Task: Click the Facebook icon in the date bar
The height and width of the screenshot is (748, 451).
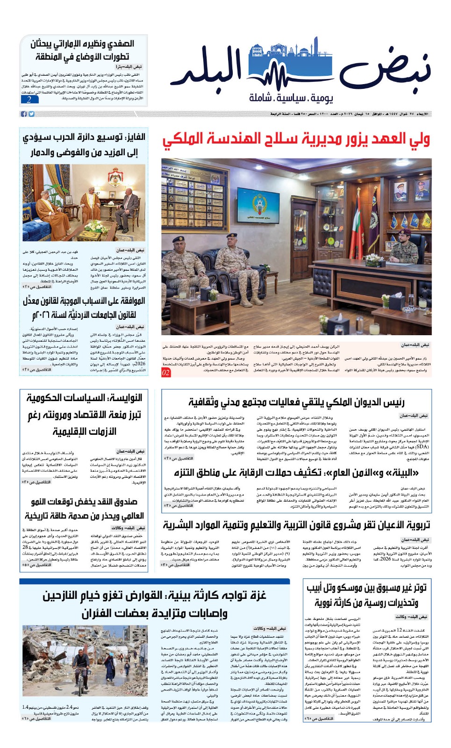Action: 24,114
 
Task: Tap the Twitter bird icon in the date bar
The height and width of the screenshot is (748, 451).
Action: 31,114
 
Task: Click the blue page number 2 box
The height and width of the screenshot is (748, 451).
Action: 29,100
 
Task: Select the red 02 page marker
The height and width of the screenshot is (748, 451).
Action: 166,373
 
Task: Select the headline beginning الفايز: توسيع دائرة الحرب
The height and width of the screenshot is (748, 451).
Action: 84,145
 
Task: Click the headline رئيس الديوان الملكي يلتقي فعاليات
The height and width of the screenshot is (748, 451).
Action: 296,402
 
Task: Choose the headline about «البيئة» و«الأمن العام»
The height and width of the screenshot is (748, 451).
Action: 296,473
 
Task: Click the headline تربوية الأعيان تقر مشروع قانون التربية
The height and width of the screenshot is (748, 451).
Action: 296,525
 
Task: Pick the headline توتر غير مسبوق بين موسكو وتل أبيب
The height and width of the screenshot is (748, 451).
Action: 366,595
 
